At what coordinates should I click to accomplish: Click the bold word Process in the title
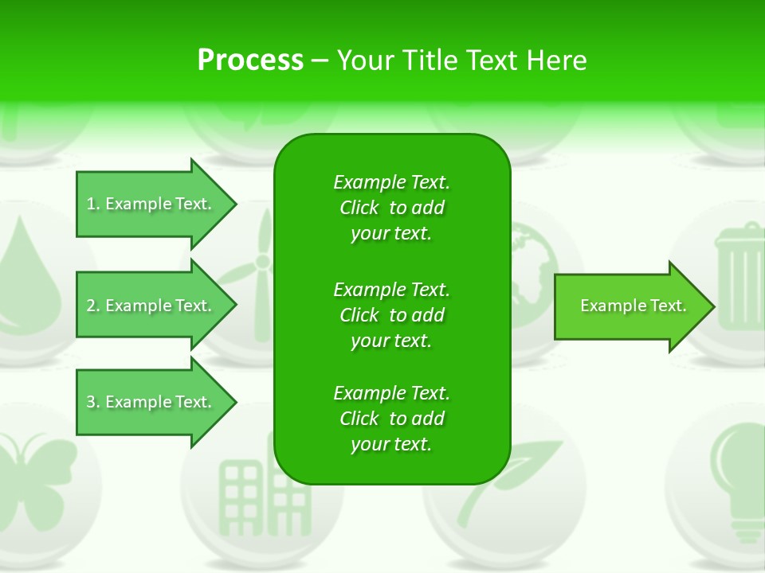point(250,60)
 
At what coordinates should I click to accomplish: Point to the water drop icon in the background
point(28,271)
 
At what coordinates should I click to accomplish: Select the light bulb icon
point(737,470)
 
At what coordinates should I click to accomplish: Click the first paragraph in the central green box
point(391,208)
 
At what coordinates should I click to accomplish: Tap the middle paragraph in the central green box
point(391,315)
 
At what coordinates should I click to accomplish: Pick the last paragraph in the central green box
point(391,419)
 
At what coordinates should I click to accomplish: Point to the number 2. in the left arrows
point(93,306)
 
